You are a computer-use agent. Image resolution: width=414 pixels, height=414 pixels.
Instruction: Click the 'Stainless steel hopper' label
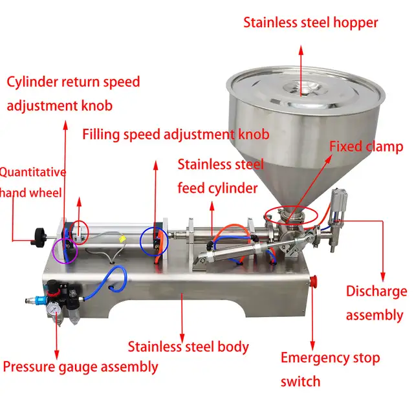[x=310, y=23]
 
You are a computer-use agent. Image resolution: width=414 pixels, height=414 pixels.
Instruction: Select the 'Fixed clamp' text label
[x=366, y=146]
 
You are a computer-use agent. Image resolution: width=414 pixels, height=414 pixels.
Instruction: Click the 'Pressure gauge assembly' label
[x=80, y=367]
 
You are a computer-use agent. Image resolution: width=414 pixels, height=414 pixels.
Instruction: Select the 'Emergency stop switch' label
[x=330, y=369]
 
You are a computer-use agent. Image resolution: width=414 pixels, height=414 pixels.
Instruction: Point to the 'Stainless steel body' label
[x=188, y=347]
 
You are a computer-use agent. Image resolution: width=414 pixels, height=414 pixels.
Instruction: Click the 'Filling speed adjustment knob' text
[x=175, y=135]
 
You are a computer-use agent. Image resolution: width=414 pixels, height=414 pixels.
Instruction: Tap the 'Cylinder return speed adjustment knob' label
[x=73, y=94]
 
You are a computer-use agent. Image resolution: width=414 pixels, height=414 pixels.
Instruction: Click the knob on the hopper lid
[x=298, y=83]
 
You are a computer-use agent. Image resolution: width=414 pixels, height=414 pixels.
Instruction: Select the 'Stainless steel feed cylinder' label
[x=218, y=177]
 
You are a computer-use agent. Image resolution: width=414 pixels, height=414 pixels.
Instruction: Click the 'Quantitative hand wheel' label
[x=32, y=182]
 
